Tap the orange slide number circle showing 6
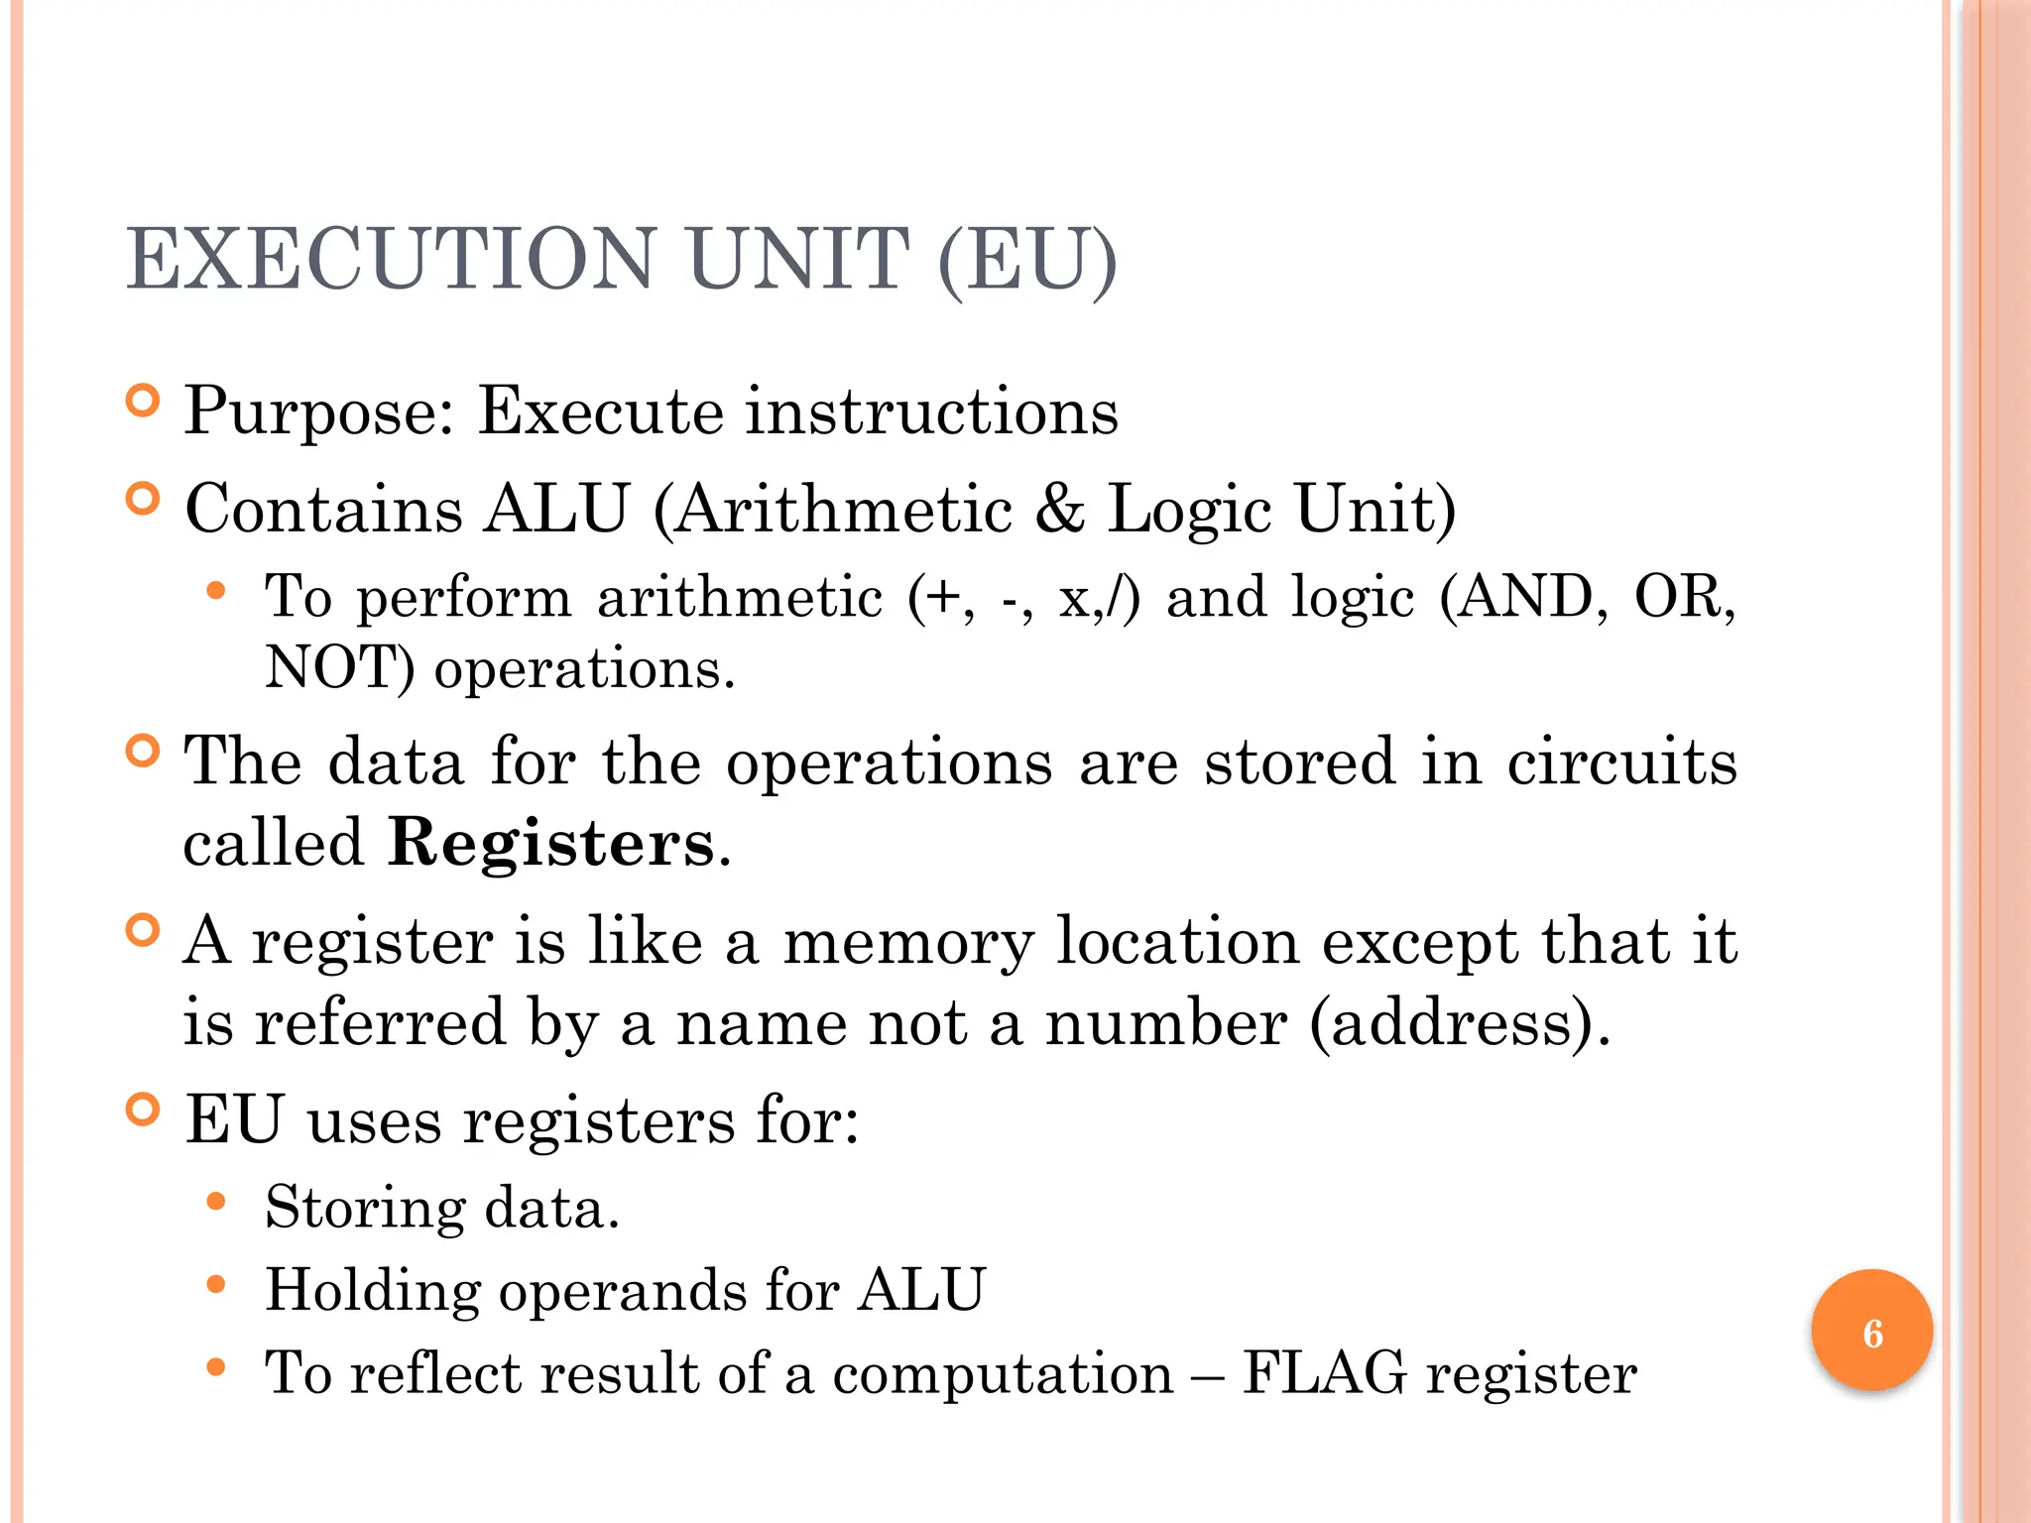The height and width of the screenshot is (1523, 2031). tap(1871, 1332)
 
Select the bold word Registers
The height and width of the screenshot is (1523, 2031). tap(550, 844)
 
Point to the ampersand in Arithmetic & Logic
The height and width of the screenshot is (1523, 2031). tap(1059, 509)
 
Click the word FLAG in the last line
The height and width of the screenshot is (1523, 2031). tap(1325, 1373)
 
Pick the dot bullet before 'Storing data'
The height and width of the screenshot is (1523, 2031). tap(216, 1203)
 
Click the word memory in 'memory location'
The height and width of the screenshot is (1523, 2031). tap(908, 941)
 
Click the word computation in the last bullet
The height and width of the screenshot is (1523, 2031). tap(1003, 1374)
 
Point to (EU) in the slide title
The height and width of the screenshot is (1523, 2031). tap(1027, 259)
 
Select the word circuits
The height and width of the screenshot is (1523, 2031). tap(1621, 761)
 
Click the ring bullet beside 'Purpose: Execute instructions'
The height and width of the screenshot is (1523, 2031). tap(144, 401)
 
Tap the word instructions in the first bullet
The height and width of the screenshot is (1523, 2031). tap(931, 411)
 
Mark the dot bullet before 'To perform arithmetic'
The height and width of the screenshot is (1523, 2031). tap(216, 592)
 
